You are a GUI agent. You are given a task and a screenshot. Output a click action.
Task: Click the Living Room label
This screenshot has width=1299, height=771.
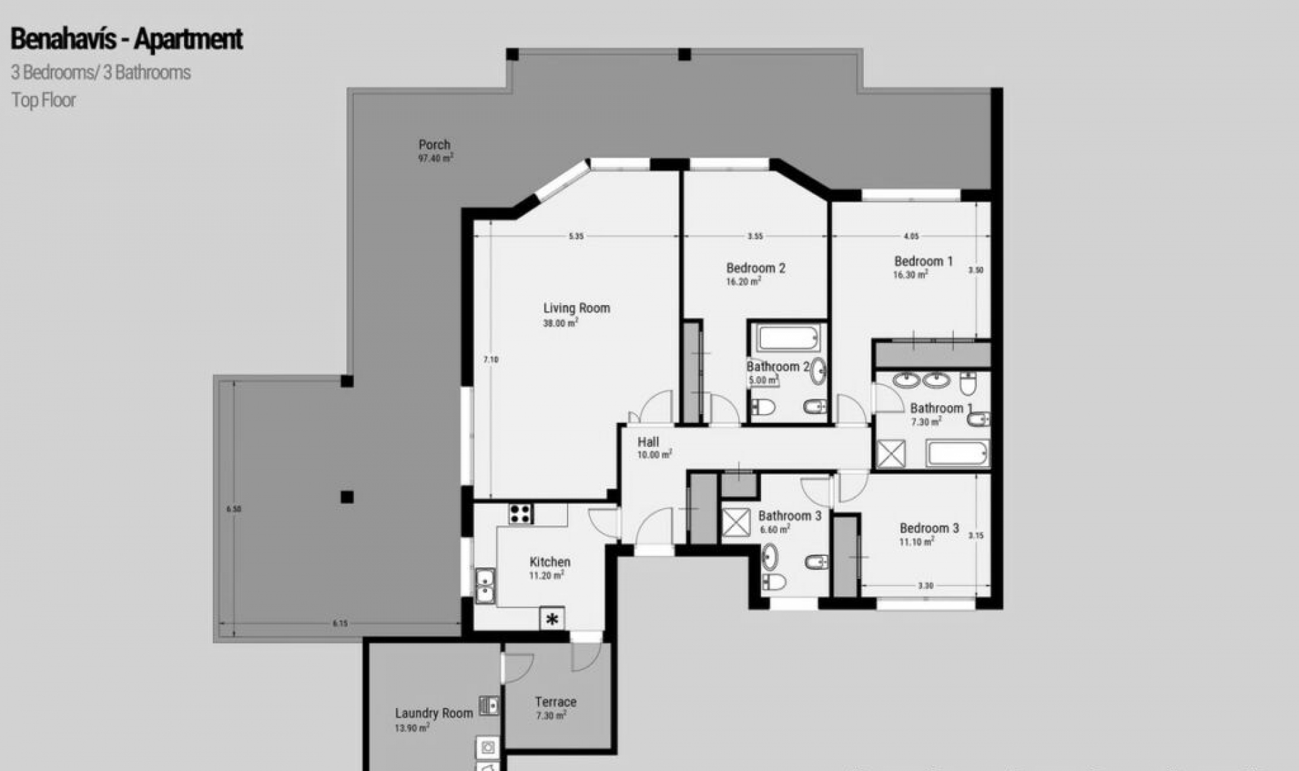click(x=576, y=308)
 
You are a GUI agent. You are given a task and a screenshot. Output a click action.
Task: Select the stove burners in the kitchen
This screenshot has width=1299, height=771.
click(x=520, y=514)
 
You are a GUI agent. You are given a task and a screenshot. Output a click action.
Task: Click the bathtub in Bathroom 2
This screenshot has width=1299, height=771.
click(x=788, y=337)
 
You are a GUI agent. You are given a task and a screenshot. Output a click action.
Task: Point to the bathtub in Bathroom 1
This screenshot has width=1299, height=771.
click(x=957, y=453)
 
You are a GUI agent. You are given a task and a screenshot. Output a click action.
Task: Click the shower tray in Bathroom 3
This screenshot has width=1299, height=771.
click(x=736, y=523)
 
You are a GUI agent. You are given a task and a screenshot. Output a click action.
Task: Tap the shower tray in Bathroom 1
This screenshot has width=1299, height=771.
click(x=890, y=454)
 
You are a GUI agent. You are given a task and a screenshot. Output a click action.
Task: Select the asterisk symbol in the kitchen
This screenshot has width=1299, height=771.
click(x=552, y=619)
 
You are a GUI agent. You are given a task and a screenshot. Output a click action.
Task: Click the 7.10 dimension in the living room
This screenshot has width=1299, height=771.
click(x=491, y=360)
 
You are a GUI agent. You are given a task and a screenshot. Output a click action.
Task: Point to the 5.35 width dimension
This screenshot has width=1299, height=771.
click(x=576, y=236)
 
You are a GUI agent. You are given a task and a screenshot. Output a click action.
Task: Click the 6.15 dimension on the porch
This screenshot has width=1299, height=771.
click(x=340, y=624)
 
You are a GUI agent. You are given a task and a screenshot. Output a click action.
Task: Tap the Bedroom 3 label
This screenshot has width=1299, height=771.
click(x=928, y=528)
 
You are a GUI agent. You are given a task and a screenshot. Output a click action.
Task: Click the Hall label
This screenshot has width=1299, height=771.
click(x=648, y=442)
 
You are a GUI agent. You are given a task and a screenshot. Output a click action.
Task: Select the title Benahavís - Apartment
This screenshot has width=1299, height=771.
click(x=127, y=39)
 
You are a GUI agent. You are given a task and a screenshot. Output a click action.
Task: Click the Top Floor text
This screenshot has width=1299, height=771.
click(x=43, y=100)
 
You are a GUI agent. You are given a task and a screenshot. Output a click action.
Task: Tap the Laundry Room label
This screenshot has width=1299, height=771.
click(x=434, y=713)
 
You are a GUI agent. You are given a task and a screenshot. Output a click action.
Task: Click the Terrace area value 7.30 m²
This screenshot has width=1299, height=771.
click(x=550, y=716)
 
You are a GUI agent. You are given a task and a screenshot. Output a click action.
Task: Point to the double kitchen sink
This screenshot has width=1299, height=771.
click(x=484, y=586)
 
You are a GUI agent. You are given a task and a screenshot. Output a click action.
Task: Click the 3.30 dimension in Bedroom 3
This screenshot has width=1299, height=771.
click(x=925, y=586)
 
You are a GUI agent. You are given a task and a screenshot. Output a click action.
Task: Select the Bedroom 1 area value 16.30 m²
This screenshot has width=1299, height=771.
click(x=910, y=275)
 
